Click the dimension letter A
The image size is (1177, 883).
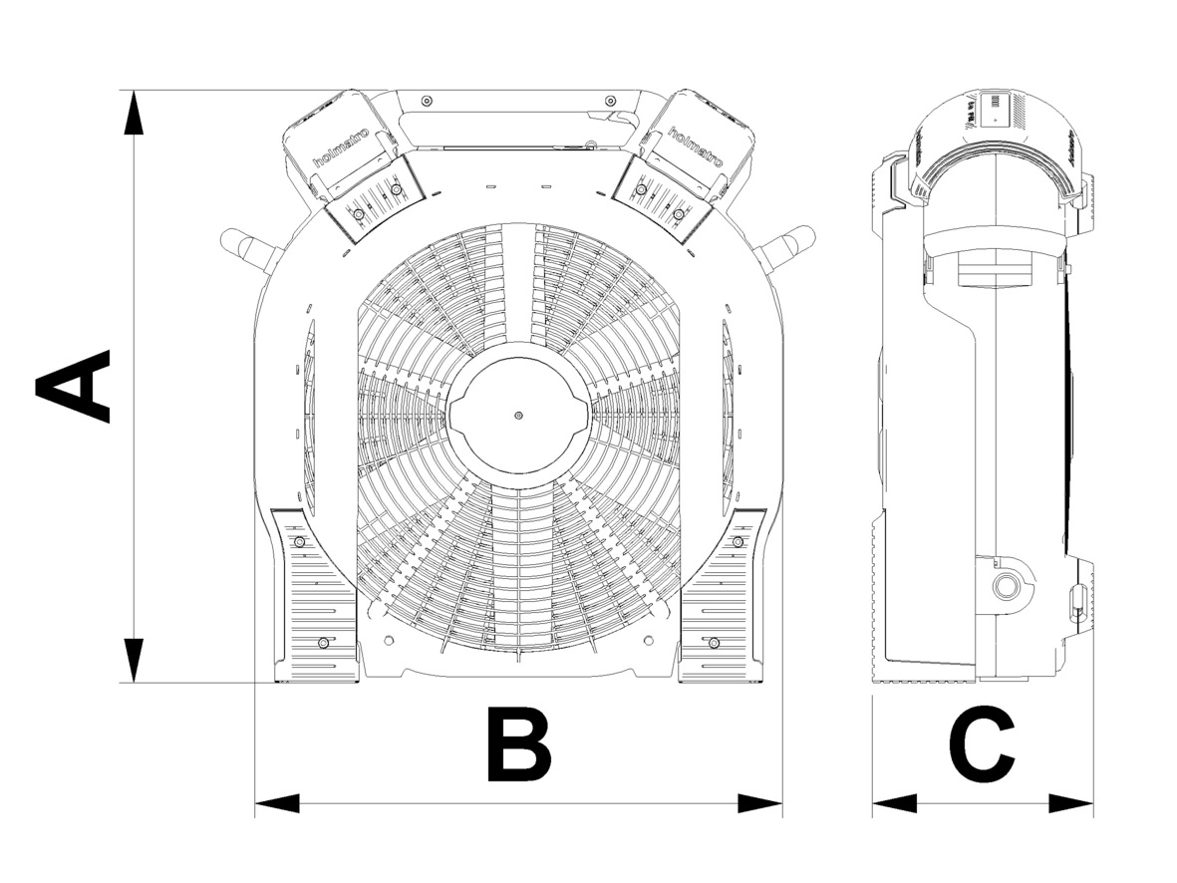coord(73,386)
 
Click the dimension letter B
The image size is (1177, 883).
coord(517,744)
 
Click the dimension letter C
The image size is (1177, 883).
coord(982,744)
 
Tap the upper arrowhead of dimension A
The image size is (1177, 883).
coord(133,112)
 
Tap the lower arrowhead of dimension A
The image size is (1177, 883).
coord(133,661)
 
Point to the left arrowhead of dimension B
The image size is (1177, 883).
coord(277,803)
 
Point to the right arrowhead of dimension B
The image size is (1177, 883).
coord(760,803)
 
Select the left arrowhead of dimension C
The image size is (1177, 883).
coord(894,803)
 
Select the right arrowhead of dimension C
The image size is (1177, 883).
coord(1071,803)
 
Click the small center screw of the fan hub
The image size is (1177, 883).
coord(518,415)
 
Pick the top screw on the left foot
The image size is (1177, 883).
coord(298,541)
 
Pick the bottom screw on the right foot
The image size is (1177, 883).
coord(714,644)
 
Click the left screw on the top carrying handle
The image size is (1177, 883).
coord(426,101)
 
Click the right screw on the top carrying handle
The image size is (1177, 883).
coord(610,101)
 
